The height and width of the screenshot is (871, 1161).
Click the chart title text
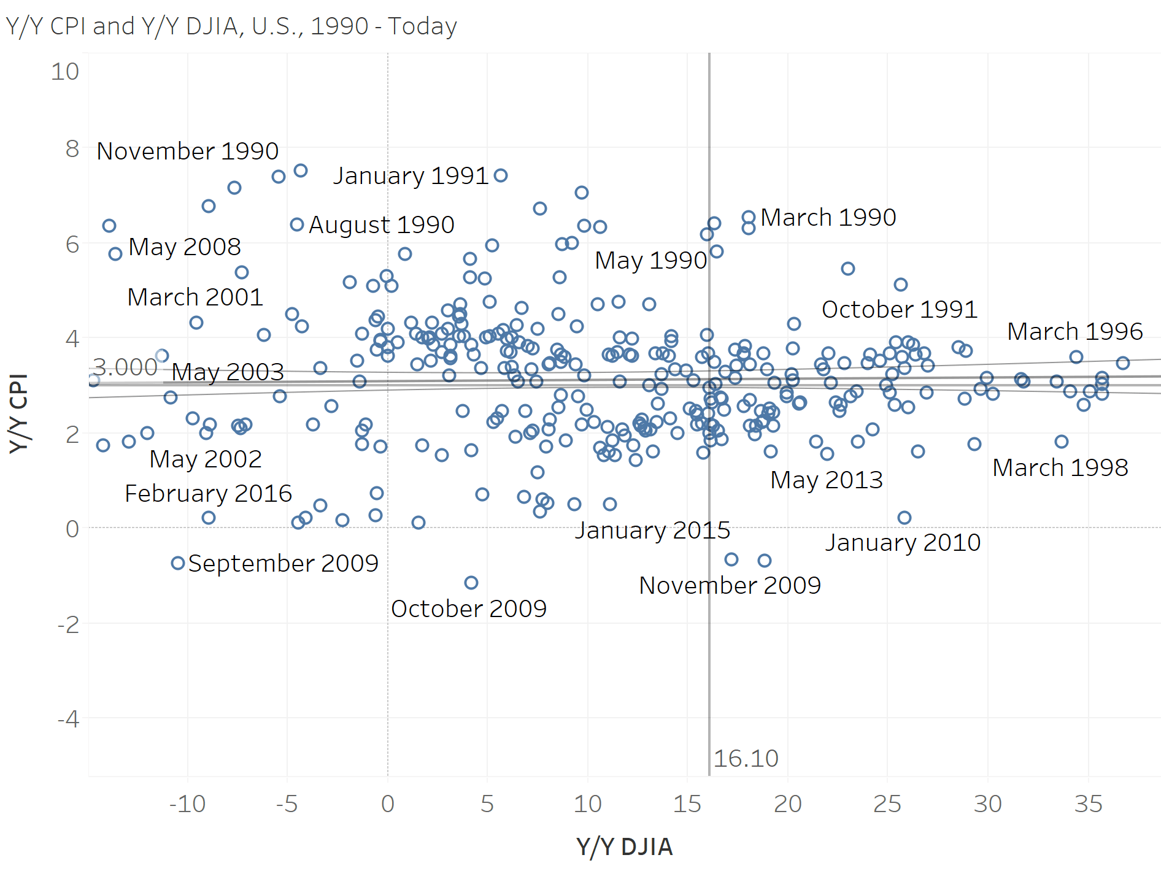pyautogui.click(x=231, y=26)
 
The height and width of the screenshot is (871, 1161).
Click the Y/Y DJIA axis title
pyautogui.click(x=624, y=846)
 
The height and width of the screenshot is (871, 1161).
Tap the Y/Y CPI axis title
pyautogui.click(x=19, y=413)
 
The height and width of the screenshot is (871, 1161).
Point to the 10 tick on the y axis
pyautogui.click(x=65, y=72)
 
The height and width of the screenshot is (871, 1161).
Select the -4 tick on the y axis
pyautogui.click(x=68, y=718)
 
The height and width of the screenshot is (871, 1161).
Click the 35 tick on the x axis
pyautogui.click(x=1088, y=804)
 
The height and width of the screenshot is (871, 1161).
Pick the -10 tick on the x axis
pyautogui.click(x=187, y=804)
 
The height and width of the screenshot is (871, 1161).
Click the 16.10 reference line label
pyautogui.click(x=746, y=759)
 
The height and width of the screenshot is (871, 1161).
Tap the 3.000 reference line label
pyautogui.click(x=125, y=367)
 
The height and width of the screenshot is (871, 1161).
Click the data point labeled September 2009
pyautogui.click(x=178, y=563)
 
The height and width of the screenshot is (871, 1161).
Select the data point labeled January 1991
pyautogui.click(x=501, y=175)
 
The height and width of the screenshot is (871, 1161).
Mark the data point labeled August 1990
pyautogui.click(x=297, y=224)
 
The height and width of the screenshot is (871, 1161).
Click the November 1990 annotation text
pyautogui.click(x=188, y=151)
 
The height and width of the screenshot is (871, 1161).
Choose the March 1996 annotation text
pyautogui.click(x=1074, y=331)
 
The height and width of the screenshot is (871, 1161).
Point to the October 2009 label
pyautogui.click(x=469, y=608)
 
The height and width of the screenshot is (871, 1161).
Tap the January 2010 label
pyautogui.click(x=903, y=542)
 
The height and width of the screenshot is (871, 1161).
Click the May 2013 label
pyautogui.click(x=826, y=480)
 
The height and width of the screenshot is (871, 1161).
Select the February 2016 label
pyautogui.click(x=208, y=493)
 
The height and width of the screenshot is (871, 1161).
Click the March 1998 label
pyautogui.click(x=1060, y=467)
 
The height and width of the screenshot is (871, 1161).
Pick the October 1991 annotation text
pyautogui.click(x=899, y=309)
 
